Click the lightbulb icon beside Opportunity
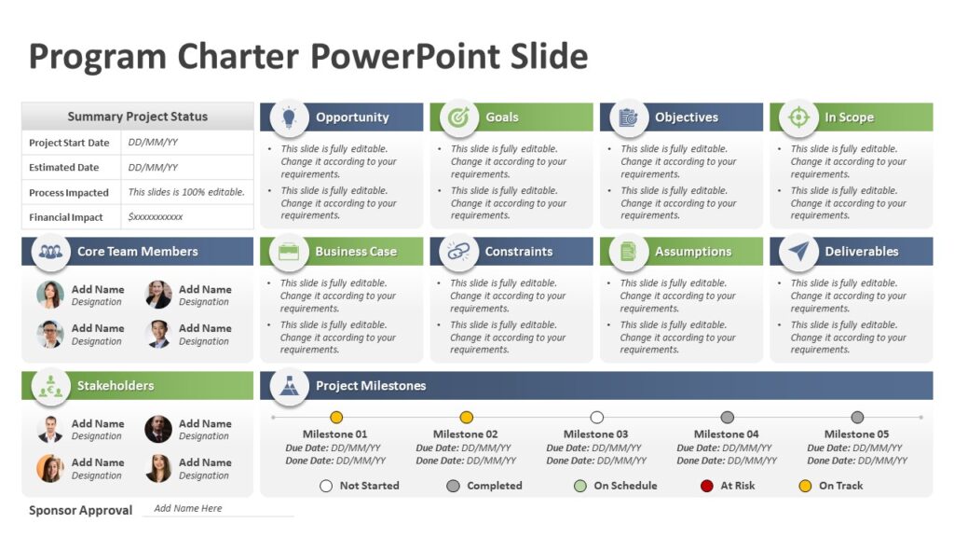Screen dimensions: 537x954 289,117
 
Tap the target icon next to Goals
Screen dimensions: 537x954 458,117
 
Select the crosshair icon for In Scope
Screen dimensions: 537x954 798,117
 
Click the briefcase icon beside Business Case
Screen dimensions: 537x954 289,252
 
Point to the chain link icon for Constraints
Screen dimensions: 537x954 457,252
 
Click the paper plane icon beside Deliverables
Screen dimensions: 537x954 798,252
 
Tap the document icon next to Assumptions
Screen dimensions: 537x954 628,252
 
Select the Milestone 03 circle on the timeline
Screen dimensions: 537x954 597,418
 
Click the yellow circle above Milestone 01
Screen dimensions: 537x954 336,418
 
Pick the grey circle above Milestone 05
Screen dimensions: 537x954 857,418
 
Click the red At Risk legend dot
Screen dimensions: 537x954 707,486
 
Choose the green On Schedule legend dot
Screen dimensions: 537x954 580,486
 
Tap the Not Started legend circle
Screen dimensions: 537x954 326,486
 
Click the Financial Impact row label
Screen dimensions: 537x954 66,217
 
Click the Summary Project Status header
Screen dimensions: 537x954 138,117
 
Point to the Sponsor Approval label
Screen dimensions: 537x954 80,510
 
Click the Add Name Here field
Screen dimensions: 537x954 188,508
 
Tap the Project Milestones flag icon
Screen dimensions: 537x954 289,386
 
